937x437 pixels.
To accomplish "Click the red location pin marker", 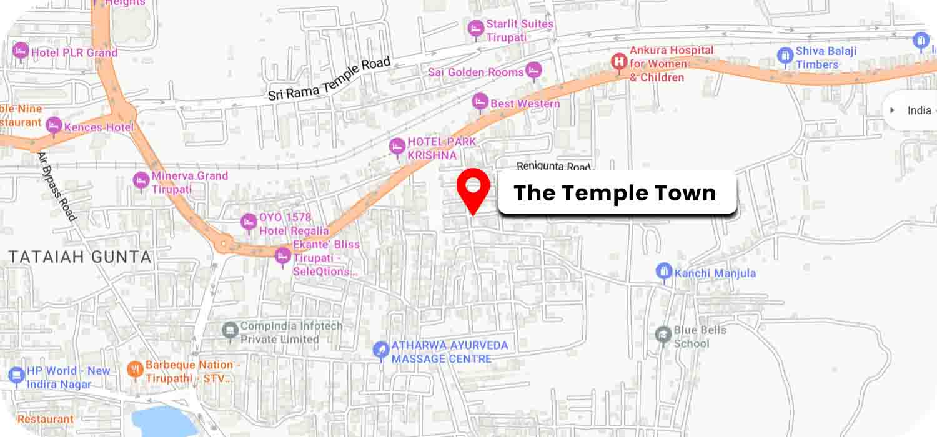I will point(473,187).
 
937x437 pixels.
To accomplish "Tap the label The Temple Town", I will point(615,193).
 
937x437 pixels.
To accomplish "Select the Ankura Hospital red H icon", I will point(618,62).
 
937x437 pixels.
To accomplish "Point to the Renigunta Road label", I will point(553,167).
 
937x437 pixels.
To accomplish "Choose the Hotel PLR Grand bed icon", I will point(21,50).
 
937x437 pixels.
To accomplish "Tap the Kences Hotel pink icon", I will point(54,125).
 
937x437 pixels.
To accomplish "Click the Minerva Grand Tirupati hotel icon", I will point(141,180).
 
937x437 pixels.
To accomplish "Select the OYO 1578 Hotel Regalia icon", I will point(249,222).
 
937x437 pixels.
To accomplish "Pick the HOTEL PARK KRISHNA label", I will point(441,148).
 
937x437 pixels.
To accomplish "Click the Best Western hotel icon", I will point(480,101).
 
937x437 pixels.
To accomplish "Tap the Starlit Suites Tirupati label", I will point(520,31).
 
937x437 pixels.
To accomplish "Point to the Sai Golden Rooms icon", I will point(533,71).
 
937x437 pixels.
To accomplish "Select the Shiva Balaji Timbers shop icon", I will point(785,56).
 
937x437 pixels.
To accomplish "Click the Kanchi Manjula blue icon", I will point(663,272).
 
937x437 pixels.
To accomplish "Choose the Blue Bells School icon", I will point(663,335).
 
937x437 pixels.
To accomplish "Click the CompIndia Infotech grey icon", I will point(231,328).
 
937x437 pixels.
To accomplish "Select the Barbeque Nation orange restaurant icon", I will point(135,370).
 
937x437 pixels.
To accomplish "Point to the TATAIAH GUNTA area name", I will point(79,257).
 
